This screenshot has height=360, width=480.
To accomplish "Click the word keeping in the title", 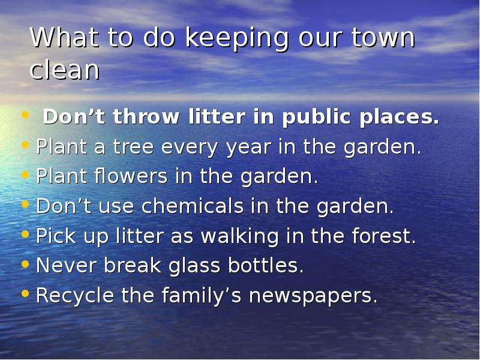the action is [237, 38].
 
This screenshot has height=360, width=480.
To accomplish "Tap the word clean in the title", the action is [65, 70].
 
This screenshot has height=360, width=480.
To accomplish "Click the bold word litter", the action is [217, 116].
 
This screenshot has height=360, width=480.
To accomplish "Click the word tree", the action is [133, 146].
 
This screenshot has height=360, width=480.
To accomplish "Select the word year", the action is [248, 148].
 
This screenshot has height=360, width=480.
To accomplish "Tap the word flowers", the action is [131, 176].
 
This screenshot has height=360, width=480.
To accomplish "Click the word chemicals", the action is [193, 205].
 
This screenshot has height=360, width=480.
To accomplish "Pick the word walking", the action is [239, 236].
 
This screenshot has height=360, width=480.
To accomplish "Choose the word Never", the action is [67, 265].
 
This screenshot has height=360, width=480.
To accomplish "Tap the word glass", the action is [194, 266].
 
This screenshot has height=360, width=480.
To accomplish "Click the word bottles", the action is [266, 265].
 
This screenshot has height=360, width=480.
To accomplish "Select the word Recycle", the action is [75, 296].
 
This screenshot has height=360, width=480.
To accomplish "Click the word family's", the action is [202, 296].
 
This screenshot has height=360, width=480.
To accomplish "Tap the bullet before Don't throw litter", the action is [25, 115].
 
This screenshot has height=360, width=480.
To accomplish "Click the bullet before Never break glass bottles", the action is [25, 264].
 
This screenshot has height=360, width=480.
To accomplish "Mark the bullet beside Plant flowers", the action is [25, 175].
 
